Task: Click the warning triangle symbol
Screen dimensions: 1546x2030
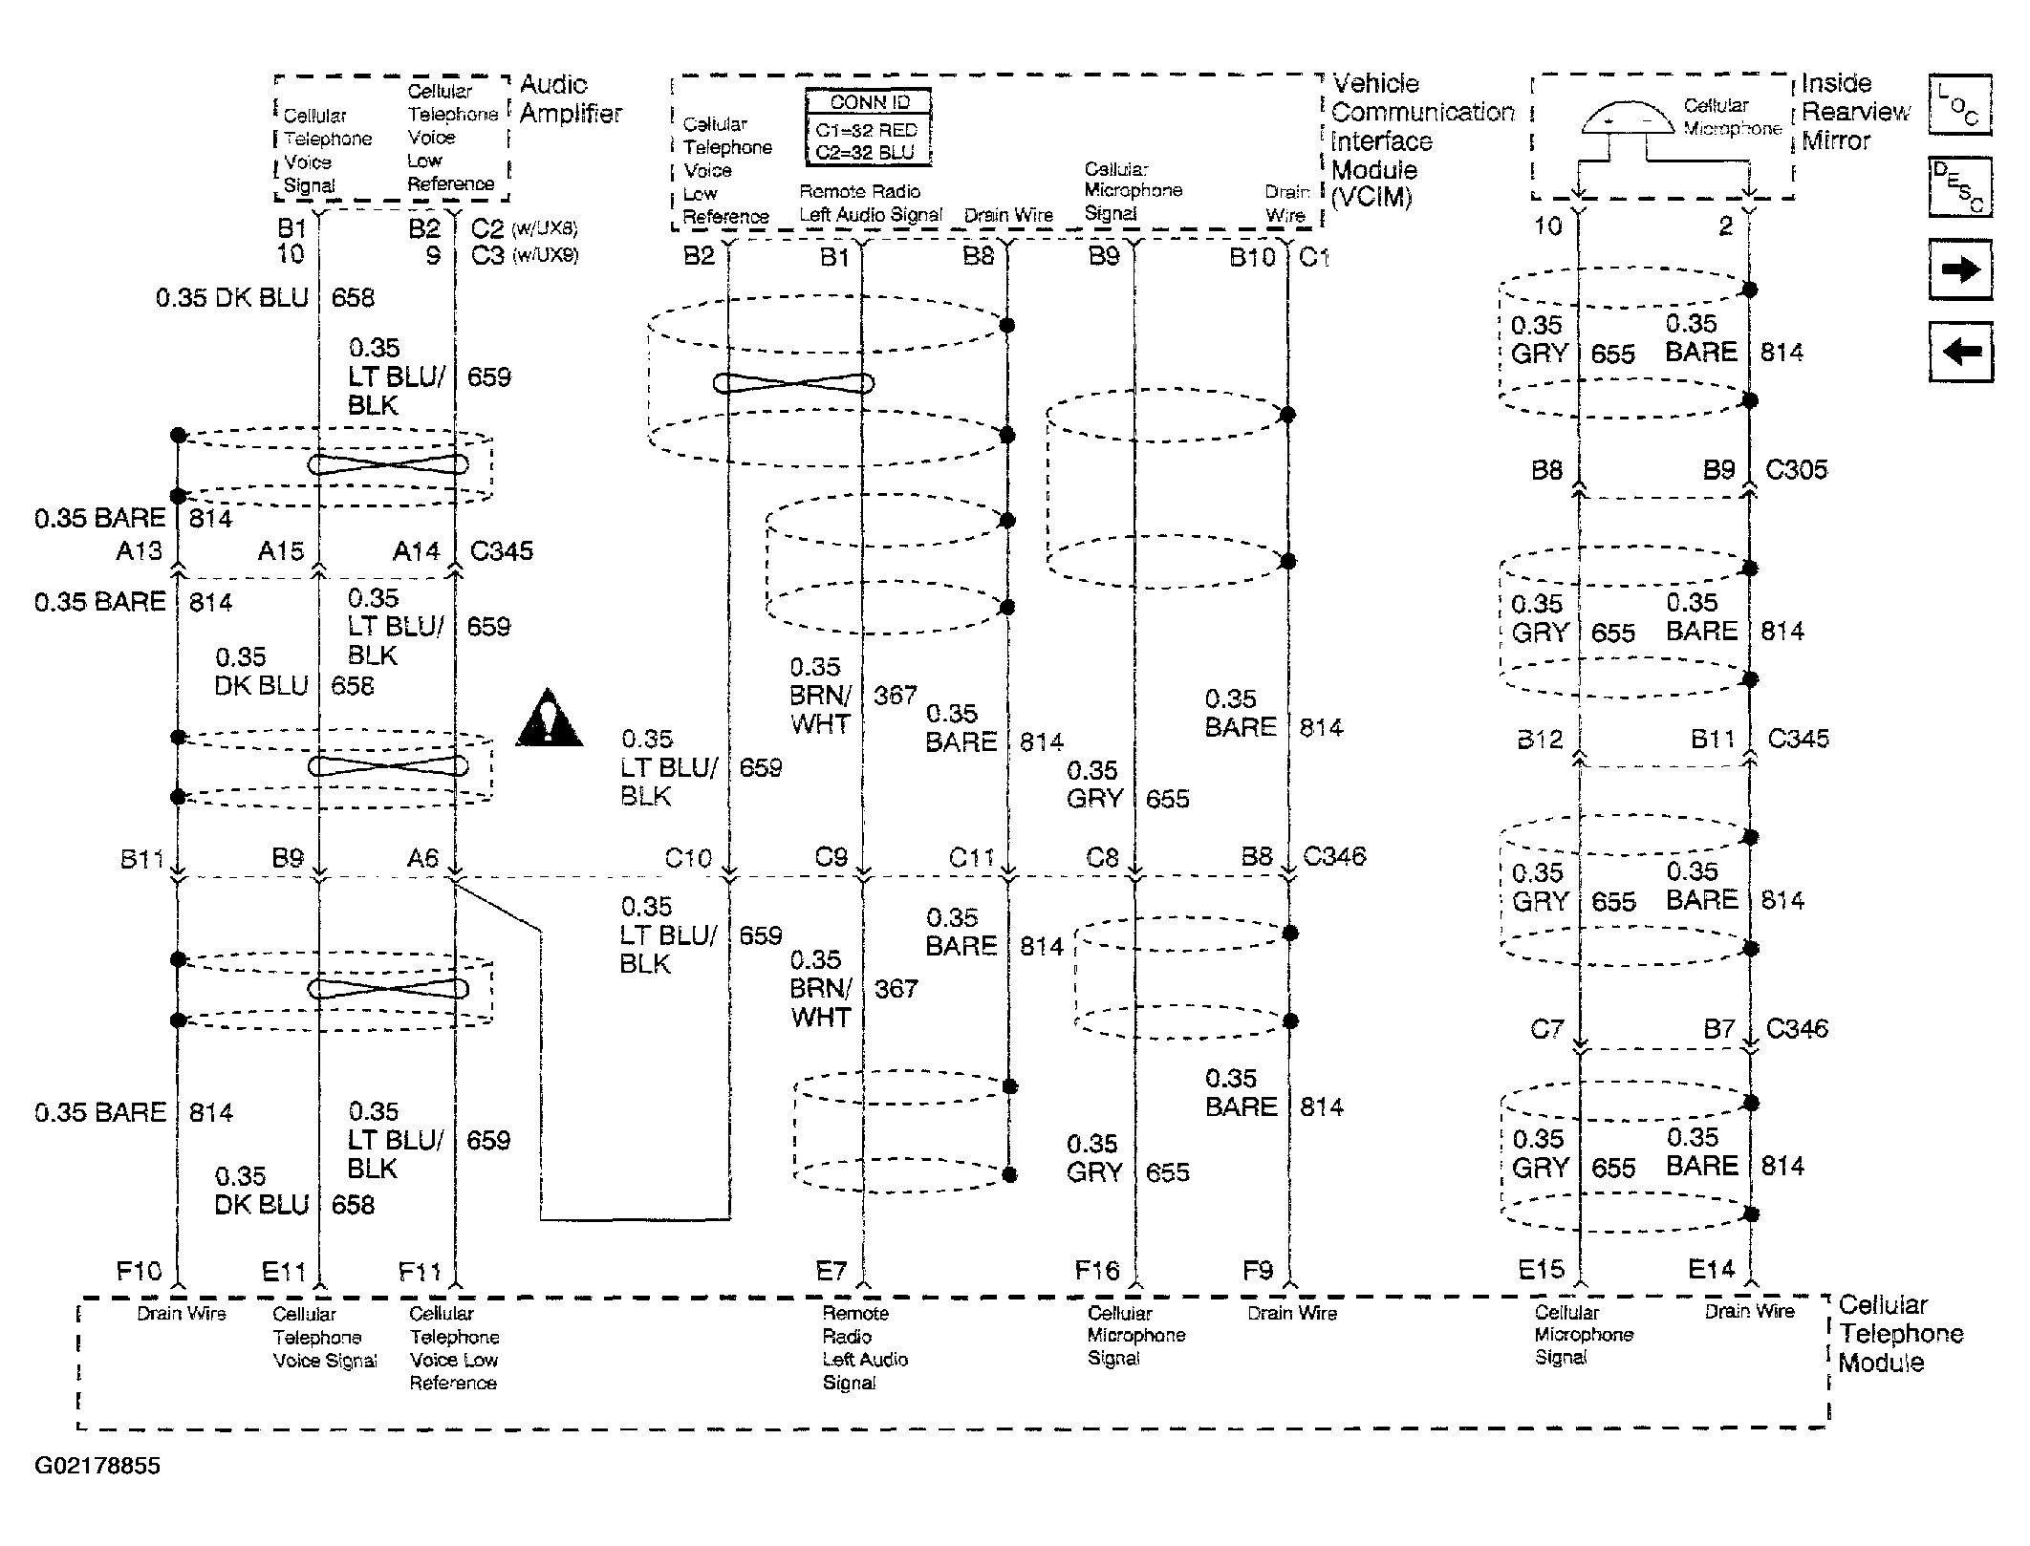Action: click(x=550, y=719)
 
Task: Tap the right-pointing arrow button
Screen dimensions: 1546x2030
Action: click(x=1960, y=270)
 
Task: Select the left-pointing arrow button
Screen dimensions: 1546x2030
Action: click(x=1960, y=352)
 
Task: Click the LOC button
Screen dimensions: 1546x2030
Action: click(x=1959, y=104)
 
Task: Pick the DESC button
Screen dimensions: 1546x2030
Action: click(x=1959, y=186)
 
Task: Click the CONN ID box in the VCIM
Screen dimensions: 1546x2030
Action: click(x=868, y=128)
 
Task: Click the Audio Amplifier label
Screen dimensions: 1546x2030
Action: click(x=571, y=98)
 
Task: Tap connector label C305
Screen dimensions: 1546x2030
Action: click(x=1796, y=470)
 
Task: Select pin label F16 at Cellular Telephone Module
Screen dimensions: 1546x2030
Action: click(x=1096, y=1271)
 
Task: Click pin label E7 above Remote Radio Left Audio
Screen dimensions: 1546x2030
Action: click(x=831, y=1271)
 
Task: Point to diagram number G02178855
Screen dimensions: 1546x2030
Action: click(x=97, y=1466)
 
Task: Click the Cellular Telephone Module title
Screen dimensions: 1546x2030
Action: click(x=1899, y=1334)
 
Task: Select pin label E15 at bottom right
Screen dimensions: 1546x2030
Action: click(x=1541, y=1270)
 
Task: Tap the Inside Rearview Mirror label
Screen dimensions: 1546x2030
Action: click(x=1854, y=112)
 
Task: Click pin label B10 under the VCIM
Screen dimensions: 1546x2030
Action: click(x=1252, y=257)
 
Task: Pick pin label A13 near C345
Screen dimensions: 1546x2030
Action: click(x=140, y=551)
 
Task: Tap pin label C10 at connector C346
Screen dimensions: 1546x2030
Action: click(x=688, y=859)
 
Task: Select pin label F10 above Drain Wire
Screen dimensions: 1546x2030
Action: click(x=140, y=1271)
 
